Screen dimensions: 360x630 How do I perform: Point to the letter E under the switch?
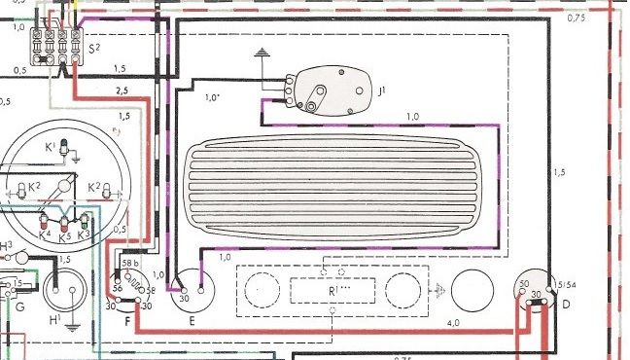point(191,319)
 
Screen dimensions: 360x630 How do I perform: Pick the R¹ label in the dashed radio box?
point(333,290)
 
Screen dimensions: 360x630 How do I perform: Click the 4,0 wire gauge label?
point(454,322)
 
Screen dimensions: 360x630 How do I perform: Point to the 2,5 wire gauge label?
point(121,90)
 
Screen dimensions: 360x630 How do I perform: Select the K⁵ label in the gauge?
point(65,235)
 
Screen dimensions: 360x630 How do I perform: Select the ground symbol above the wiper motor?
point(261,54)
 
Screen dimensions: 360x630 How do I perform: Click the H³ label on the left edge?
point(6,244)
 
